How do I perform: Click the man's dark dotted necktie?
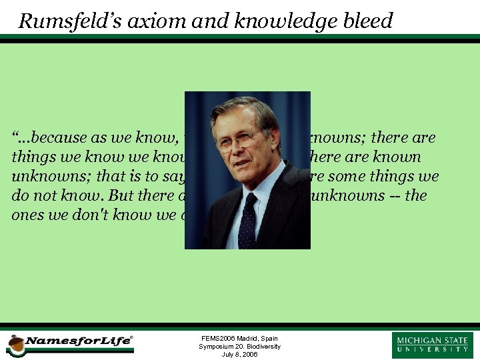tap(247, 220)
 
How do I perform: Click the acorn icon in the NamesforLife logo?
tap(15, 345)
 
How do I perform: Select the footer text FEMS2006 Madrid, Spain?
tap(239, 339)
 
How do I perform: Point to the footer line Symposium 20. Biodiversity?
tap(239, 347)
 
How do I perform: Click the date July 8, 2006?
tap(239, 355)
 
